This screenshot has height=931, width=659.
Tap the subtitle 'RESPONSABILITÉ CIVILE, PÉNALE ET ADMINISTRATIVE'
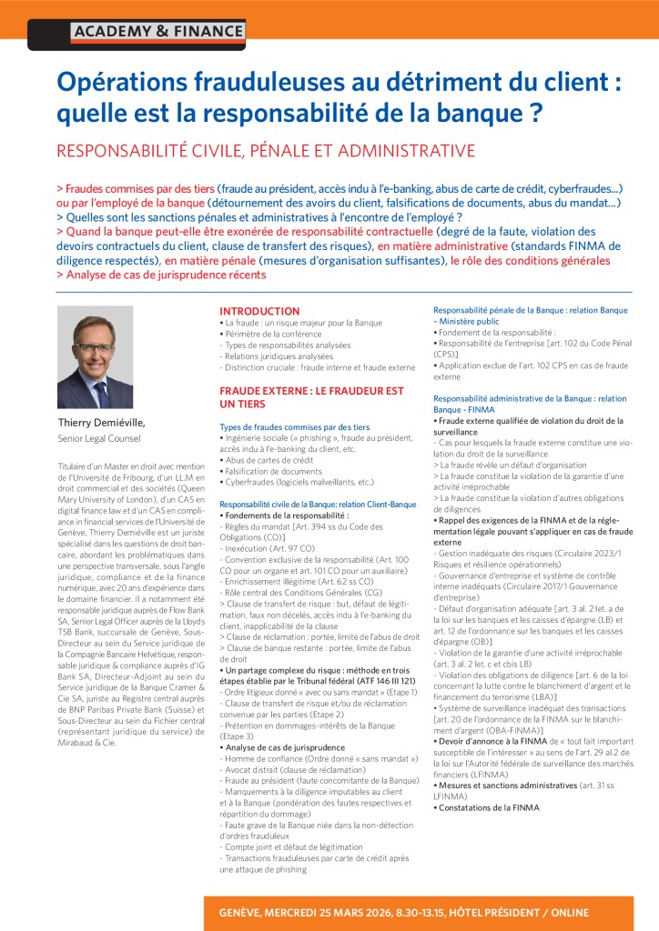(266, 150)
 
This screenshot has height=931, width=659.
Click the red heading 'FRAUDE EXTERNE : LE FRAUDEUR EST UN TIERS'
(310, 396)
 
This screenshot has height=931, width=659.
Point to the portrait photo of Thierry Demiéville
(95, 356)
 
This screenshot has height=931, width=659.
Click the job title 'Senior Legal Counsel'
(99, 439)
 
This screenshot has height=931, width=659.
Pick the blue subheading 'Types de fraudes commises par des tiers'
(294, 426)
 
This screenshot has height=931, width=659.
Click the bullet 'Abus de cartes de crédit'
(268, 460)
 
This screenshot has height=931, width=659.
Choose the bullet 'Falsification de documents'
(272, 471)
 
